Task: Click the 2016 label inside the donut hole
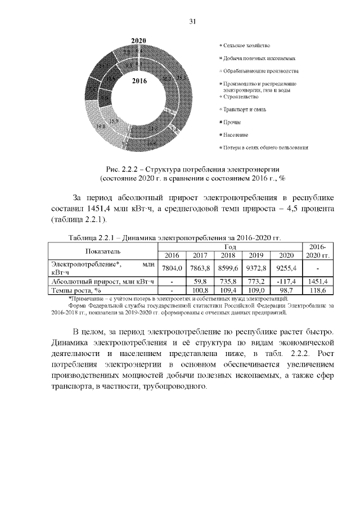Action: (139, 81)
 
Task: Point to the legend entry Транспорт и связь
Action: (248, 109)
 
